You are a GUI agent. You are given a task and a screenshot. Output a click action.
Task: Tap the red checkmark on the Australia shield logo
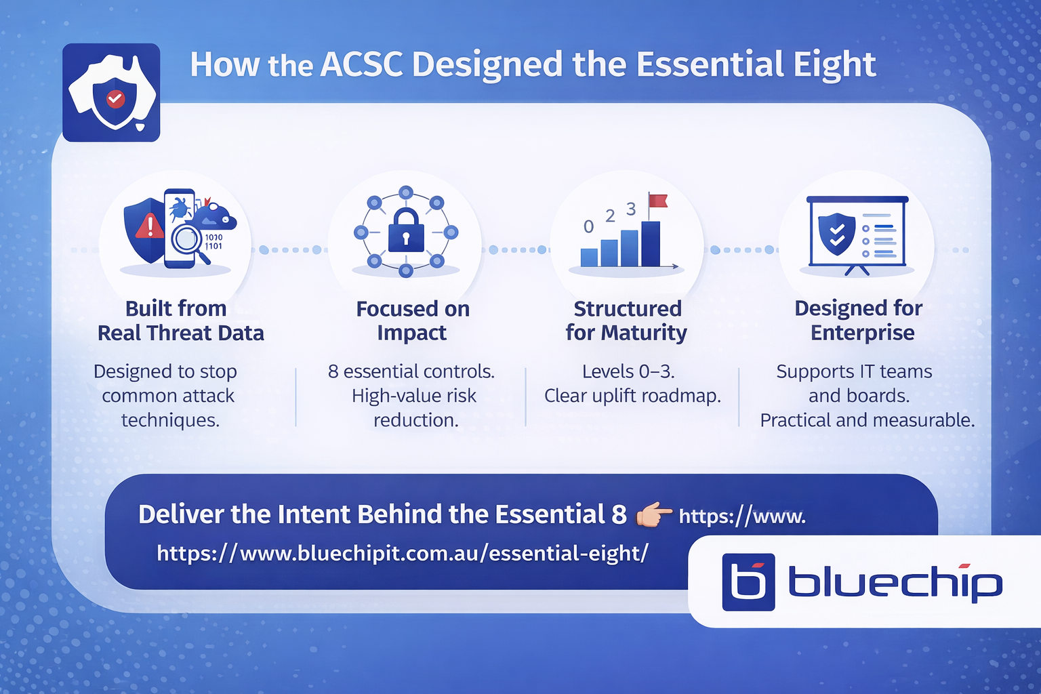115,99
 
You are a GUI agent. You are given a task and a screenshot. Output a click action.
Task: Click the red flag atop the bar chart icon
658,201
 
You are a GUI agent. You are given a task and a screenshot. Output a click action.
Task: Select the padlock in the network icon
406,231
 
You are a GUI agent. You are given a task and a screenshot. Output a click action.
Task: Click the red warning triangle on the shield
149,226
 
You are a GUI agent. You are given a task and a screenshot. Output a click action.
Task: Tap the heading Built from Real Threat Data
180,321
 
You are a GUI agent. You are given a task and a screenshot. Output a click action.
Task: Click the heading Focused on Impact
413,321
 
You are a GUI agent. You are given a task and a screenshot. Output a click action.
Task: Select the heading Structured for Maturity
627,321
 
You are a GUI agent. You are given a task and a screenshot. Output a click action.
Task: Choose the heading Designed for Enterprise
859,321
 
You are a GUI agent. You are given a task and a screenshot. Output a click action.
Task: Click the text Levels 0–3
628,371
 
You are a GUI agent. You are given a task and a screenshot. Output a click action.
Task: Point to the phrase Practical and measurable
867,420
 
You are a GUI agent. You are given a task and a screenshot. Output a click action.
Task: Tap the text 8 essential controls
411,371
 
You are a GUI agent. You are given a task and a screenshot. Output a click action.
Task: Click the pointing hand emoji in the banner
653,515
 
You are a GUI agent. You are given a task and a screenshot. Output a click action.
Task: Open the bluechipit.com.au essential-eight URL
403,554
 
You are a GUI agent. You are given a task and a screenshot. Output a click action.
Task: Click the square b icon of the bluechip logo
748,582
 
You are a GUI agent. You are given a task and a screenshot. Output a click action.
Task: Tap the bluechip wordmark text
895,583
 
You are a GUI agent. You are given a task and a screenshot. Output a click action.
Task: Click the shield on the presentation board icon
837,234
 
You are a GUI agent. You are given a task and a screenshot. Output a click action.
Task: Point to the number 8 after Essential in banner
619,514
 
